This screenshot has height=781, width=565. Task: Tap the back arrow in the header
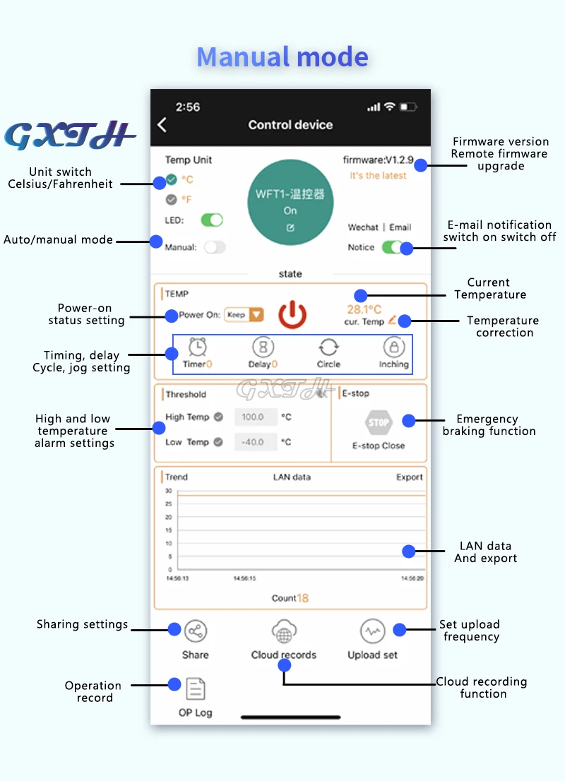tap(162, 125)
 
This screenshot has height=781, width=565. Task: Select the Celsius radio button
tap(172, 179)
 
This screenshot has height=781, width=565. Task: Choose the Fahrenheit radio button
tap(172, 199)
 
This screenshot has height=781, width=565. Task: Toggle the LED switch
tap(212, 220)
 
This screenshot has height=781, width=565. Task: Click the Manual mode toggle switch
tap(214, 247)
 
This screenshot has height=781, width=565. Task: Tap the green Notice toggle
tap(392, 247)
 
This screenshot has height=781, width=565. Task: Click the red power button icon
tap(292, 315)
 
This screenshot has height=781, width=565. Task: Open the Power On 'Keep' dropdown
tap(244, 315)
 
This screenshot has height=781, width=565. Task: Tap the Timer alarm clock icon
tap(198, 347)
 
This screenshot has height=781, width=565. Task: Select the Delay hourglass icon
tap(263, 347)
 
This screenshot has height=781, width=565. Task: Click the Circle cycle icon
tap(328, 347)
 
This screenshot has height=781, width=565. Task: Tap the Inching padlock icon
tap(393, 347)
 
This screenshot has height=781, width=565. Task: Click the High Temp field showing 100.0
tap(253, 417)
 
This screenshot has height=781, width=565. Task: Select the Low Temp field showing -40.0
tap(253, 443)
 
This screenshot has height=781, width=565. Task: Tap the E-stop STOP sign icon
tap(379, 423)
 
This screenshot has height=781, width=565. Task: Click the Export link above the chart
tap(410, 477)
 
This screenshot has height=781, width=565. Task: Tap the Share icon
tap(196, 631)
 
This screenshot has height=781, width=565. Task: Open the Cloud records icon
tap(284, 631)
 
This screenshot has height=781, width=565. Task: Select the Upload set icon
tap(372, 631)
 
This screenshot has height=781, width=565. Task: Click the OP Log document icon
tap(196, 688)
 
